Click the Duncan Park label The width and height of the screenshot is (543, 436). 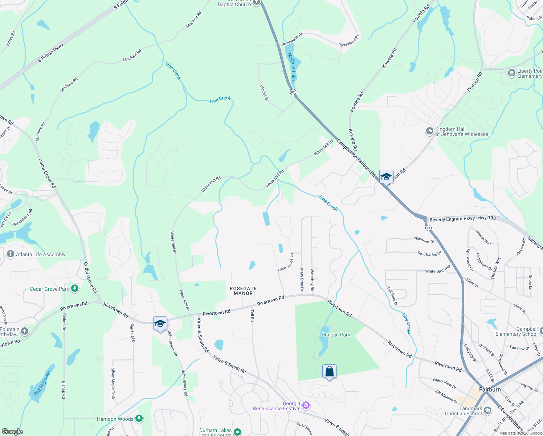[336, 335]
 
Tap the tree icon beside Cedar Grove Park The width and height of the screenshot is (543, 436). [75, 289]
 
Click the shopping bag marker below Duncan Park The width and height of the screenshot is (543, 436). [329, 372]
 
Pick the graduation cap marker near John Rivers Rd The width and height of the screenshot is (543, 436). [160, 324]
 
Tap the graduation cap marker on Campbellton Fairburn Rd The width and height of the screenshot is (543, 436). [386, 177]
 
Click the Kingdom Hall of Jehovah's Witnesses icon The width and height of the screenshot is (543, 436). [430, 131]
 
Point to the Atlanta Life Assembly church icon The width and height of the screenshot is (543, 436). [11, 254]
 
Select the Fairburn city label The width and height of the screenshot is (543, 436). [490, 389]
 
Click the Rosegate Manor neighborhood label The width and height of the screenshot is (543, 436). [243, 291]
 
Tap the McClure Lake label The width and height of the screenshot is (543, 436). [292, 66]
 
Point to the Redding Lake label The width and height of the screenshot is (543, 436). [42, 384]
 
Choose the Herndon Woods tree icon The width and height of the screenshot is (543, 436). [139, 419]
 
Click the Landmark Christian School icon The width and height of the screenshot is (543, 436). [487, 411]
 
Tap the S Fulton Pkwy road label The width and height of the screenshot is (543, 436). [51, 53]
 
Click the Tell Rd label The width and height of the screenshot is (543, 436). [252, 315]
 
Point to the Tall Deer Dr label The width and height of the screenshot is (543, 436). [392, 296]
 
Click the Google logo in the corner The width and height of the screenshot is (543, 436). [12, 431]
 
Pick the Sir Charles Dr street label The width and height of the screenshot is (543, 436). [429, 254]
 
